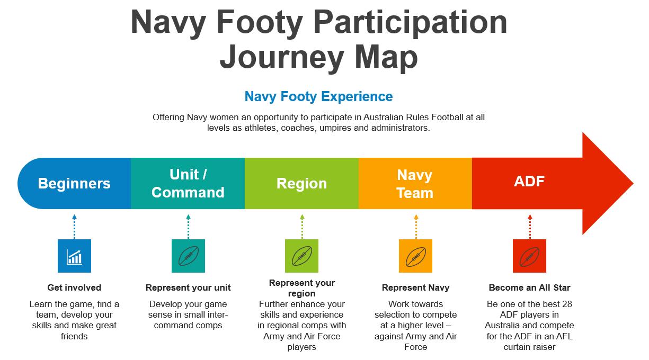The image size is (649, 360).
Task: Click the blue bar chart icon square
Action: click(74, 256)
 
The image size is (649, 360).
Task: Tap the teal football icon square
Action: click(188, 256)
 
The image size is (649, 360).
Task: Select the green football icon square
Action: click(301, 256)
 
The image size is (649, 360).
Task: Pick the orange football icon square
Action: click(415, 256)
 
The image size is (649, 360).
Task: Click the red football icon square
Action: click(529, 256)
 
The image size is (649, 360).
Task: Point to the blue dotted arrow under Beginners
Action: click(75, 227)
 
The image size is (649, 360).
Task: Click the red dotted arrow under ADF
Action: click(530, 227)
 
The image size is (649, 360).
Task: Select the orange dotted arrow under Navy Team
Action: click(416, 227)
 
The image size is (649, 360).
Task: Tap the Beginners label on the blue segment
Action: click(74, 184)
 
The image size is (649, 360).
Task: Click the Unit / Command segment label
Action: click(188, 184)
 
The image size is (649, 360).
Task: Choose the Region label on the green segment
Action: click(301, 184)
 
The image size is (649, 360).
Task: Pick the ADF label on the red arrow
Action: click(529, 181)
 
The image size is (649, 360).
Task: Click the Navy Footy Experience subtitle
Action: click(319, 96)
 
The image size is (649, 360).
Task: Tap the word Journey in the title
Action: click(282, 57)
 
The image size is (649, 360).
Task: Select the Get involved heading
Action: click(74, 287)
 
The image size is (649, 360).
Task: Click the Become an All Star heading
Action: click(529, 287)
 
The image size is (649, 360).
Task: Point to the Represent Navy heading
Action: click(415, 287)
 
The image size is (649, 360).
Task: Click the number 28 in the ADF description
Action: click(567, 304)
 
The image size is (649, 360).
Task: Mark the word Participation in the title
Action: click(410, 22)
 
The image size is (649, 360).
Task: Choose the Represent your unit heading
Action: click(188, 287)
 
